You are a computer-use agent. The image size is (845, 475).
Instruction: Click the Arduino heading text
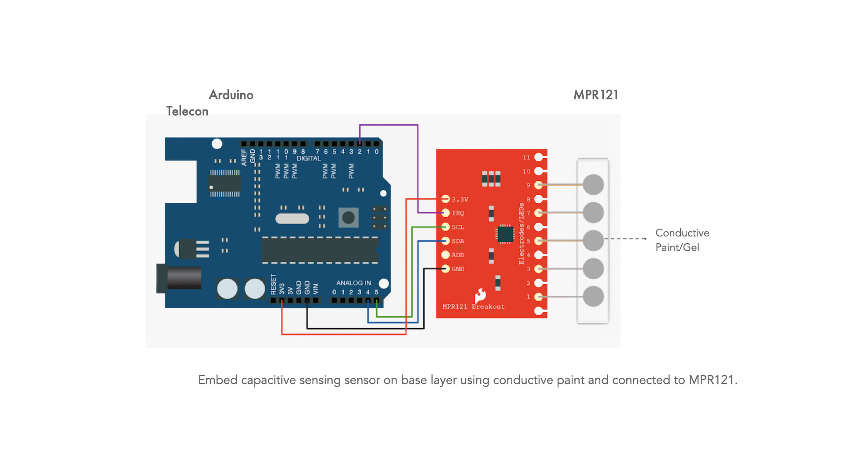click(x=231, y=95)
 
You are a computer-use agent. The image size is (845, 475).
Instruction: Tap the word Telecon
click(x=187, y=111)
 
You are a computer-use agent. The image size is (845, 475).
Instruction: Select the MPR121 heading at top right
click(x=596, y=95)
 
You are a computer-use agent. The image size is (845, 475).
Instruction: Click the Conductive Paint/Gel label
click(x=682, y=240)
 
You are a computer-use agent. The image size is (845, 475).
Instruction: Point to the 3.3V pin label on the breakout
click(x=460, y=200)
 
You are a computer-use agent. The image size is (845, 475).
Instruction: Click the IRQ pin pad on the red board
click(x=445, y=213)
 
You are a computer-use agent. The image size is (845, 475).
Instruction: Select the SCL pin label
click(x=458, y=227)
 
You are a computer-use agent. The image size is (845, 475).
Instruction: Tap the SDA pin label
click(x=458, y=241)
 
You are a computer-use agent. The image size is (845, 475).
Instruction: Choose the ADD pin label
click(x=458, y=255)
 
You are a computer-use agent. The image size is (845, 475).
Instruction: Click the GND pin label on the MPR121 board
click(x=458, y=269)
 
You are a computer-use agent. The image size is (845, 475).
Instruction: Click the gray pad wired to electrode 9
click(x=593, y=185)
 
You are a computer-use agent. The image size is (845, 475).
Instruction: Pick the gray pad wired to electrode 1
click(x=593, y=296)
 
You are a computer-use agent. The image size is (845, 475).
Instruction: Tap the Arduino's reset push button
click(x=348, y=217)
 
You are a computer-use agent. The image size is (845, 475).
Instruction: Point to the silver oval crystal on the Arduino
click(x=292, y=219)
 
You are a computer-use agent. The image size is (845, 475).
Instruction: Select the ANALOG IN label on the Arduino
click(x=353, y=283)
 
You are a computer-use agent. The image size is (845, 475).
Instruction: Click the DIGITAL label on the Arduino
click(x=309, y=158)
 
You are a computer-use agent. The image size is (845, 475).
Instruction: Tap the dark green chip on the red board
click(x=505, y=234)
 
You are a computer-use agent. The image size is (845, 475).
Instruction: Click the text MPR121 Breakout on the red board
click(x=474, y=307)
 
